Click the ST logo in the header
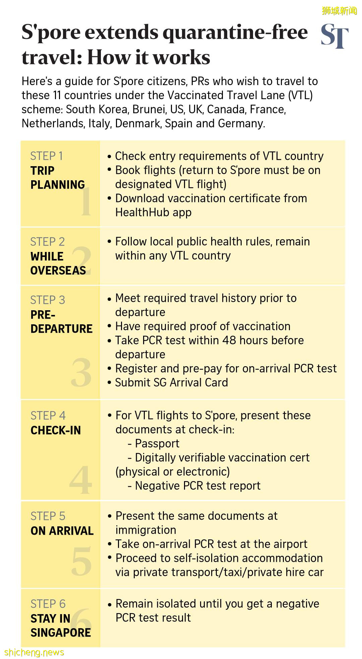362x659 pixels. click(334, 36)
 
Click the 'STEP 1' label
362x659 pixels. click(46, 156)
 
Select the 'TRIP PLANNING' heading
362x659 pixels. click(57, 178)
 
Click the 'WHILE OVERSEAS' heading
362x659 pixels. click(58, 263)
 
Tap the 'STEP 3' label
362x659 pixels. click(48, 300)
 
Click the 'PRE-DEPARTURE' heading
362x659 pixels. click(61, 322)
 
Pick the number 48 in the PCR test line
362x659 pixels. click(229, 340)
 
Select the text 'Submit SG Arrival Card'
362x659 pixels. click(171, 383)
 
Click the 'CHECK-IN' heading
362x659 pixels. click(56, 431)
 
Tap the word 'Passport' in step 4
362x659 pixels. click(157, 444)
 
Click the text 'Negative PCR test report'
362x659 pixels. click(197, 486)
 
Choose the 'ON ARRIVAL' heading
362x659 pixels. click(62, 531)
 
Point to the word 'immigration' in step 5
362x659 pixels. click(146, 530)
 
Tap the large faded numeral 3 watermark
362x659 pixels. click(81, 372)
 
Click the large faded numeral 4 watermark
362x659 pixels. click(81, 479)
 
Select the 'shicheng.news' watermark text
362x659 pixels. click(34, 652)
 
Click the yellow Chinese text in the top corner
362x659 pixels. click(339, 11)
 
